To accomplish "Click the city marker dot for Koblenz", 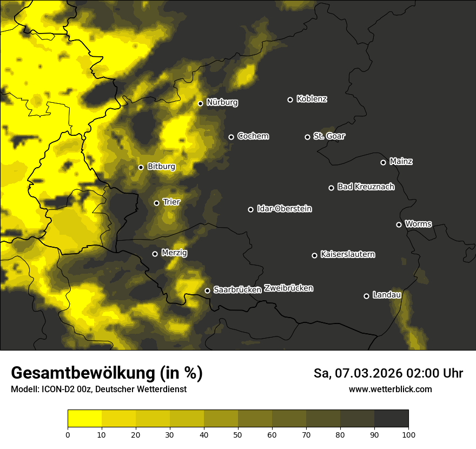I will tap(290, 100).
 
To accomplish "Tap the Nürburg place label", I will tap(222, 102).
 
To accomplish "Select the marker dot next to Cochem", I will tap(231, 137).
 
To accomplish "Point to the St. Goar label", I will tap(329, 136).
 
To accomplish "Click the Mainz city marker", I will tap(383, 162).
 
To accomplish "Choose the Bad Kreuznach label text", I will tap(366, 187).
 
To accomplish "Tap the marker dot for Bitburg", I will tap(141, 167).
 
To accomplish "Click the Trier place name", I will tap(171, 202).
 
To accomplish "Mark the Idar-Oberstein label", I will tap(284, 208).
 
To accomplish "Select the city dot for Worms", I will tap(399, 225).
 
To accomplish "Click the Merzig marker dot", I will tap(155, 254).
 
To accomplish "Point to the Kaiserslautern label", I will tap(347, 254).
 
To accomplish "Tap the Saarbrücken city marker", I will tap(207, 290).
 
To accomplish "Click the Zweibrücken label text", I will tap(288, 288).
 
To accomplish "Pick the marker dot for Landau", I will tap(366, 296).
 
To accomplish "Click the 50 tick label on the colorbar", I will tap(238, 434).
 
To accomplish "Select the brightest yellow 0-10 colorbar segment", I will tap(84, 418).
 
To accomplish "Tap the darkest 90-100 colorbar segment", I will tap(391, 418).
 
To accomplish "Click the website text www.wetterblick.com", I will tap(390, 389).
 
